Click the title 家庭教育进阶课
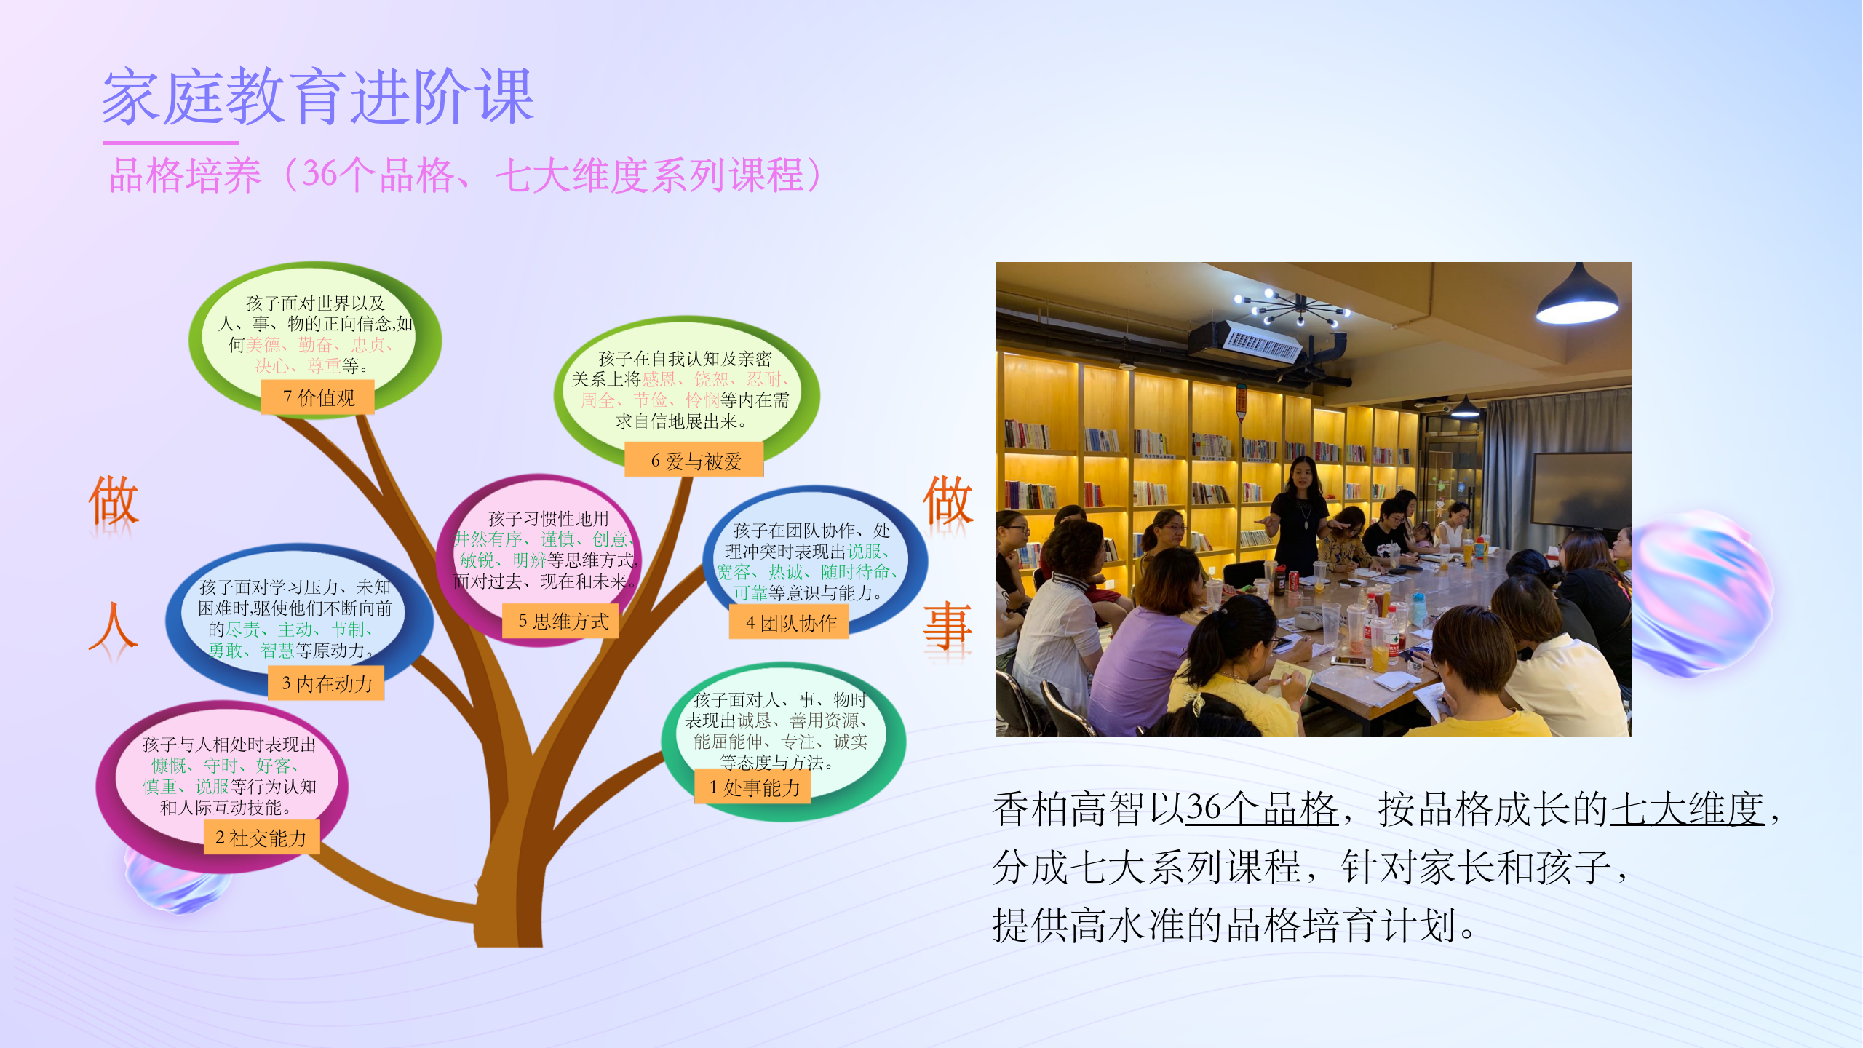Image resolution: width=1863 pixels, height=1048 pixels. tap(319, 97)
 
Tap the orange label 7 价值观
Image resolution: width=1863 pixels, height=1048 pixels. tap(318, 397)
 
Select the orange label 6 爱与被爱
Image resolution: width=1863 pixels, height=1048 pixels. tap(694, 460)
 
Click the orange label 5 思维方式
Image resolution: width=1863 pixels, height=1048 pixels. tap(561, 621)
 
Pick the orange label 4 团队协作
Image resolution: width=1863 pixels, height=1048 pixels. tap(789, 623)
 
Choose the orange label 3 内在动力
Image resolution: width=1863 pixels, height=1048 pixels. tap(326, 683)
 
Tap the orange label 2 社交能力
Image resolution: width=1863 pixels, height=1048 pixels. tap(261, 838)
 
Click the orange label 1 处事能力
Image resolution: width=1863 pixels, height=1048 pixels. tap(753, 787)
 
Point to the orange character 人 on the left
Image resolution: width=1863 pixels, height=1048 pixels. tap(113, 626)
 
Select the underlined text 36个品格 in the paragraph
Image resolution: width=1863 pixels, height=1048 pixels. tap(1262, 809)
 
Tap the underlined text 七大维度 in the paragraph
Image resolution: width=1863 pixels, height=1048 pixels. tap(1688, 809)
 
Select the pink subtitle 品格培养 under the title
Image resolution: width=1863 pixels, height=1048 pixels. tap(185, 175)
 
